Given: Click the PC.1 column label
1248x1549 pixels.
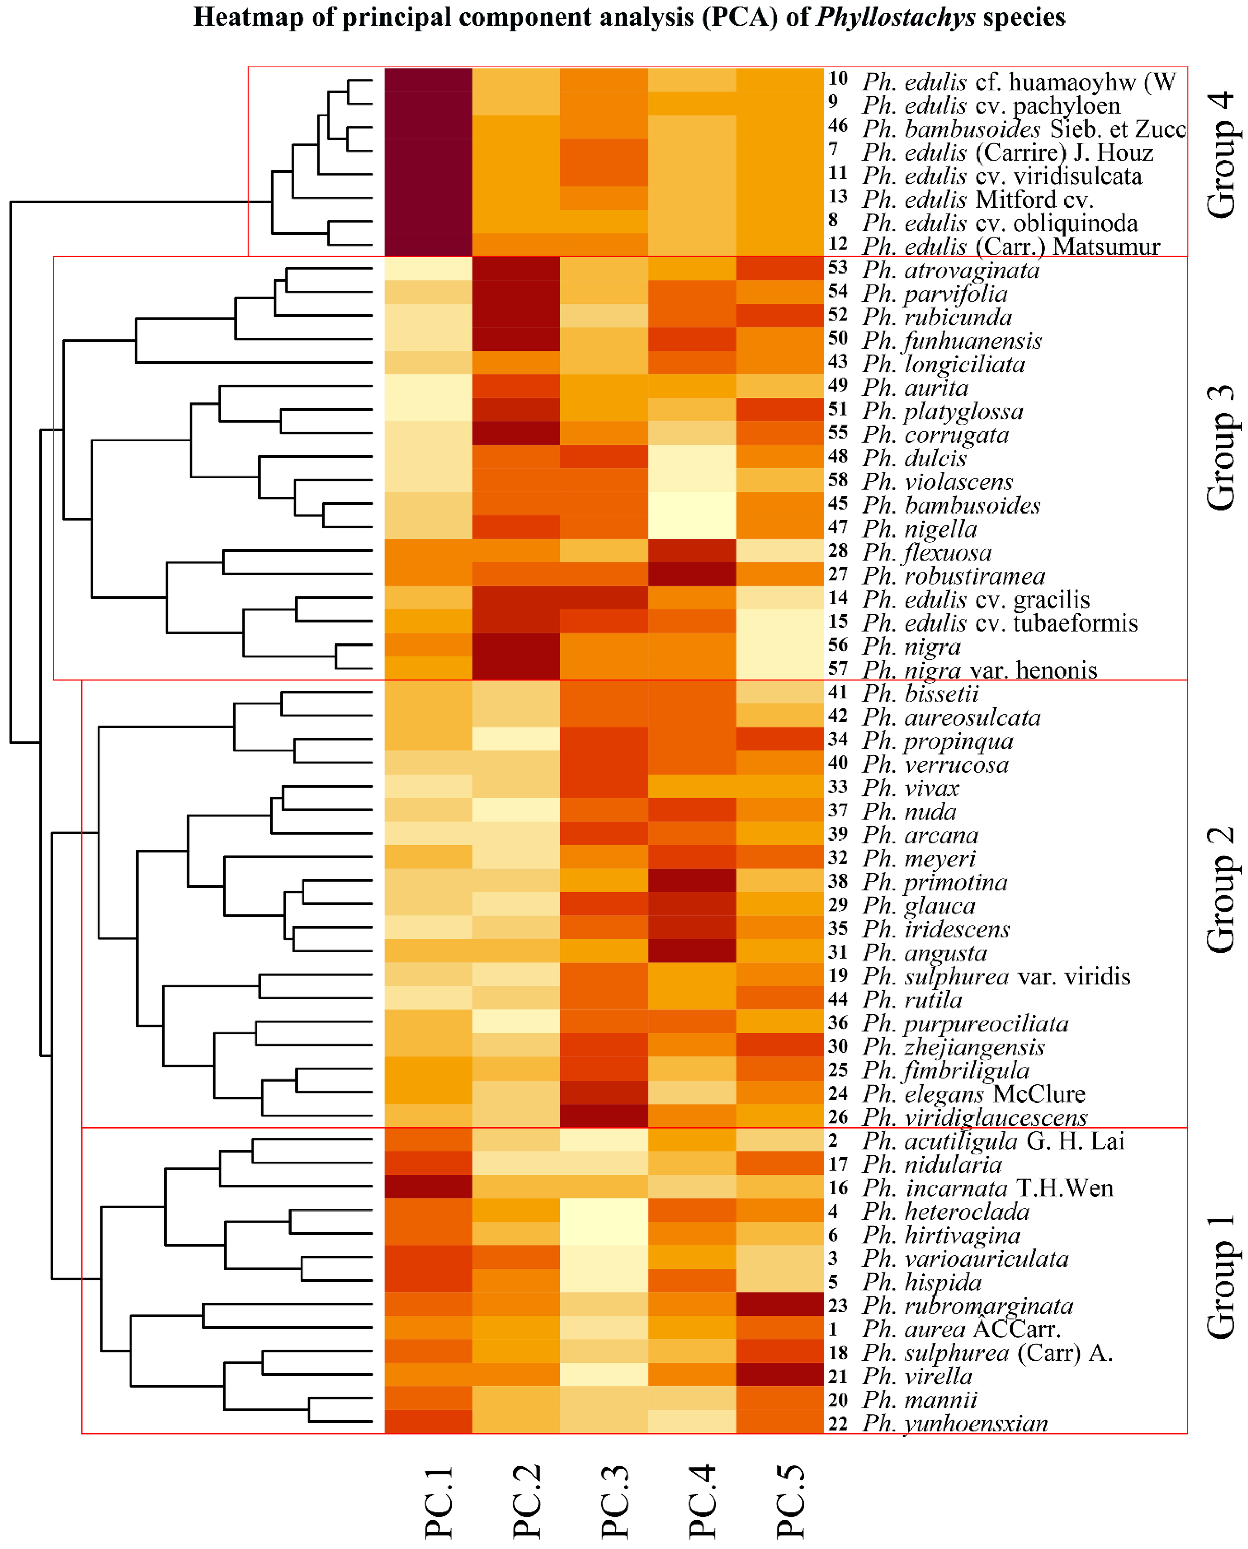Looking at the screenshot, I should coord(438,1502).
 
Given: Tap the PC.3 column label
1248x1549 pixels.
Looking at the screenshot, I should coord(615,1502).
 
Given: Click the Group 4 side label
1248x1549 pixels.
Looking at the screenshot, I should coord(1220,155).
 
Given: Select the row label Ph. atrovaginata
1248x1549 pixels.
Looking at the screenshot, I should coord(950,270).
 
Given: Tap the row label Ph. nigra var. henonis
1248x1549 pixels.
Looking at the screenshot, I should coord(979,670).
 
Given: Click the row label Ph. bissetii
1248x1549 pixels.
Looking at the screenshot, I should coord(920,694).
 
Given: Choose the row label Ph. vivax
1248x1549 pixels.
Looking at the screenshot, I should coord(911,788).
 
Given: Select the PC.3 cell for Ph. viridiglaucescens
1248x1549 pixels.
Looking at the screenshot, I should coord(604,1116).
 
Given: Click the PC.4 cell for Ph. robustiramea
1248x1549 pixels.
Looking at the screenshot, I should coord(692,575).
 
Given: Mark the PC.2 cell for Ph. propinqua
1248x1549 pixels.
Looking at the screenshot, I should coord(516,740).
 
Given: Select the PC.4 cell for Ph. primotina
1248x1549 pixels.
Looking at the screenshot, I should coord(692,881).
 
